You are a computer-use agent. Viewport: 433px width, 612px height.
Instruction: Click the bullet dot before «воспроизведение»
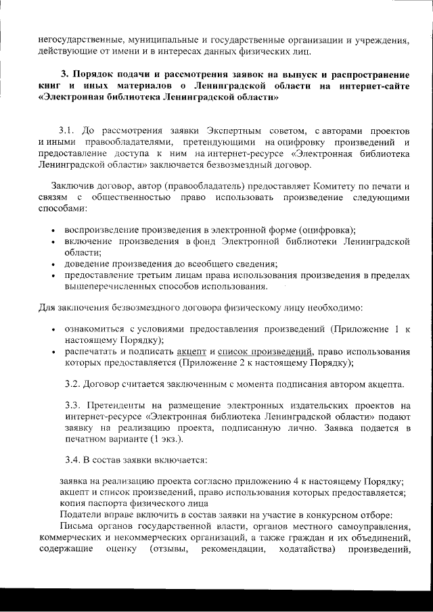tap(53, 231)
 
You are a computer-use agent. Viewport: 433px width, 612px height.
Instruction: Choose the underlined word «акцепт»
tap(192, 351)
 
